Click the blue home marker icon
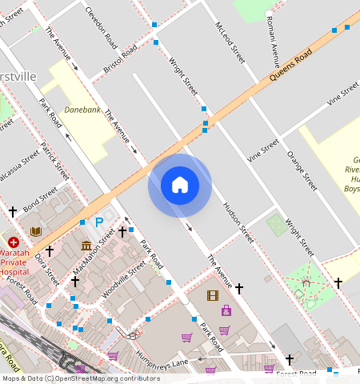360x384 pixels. [x=180, y=185]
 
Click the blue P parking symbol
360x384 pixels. [x=99, y=222]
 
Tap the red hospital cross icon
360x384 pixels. [x=14, y=242]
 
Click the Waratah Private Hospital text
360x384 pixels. [x=16, y=260]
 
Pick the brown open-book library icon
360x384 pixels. [x=36, y=231]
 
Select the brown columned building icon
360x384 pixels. [x=86, y=245]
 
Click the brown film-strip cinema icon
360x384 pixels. [x=212, y=295]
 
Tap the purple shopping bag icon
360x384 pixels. [x=226, y=310]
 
